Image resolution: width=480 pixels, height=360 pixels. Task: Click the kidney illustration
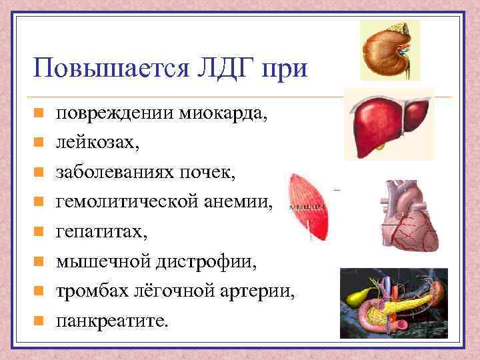(x=389, y=49)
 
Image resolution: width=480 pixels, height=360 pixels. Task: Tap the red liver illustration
(x=389, y=124)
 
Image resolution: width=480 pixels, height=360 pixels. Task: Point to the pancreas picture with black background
(x=393, y=299)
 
